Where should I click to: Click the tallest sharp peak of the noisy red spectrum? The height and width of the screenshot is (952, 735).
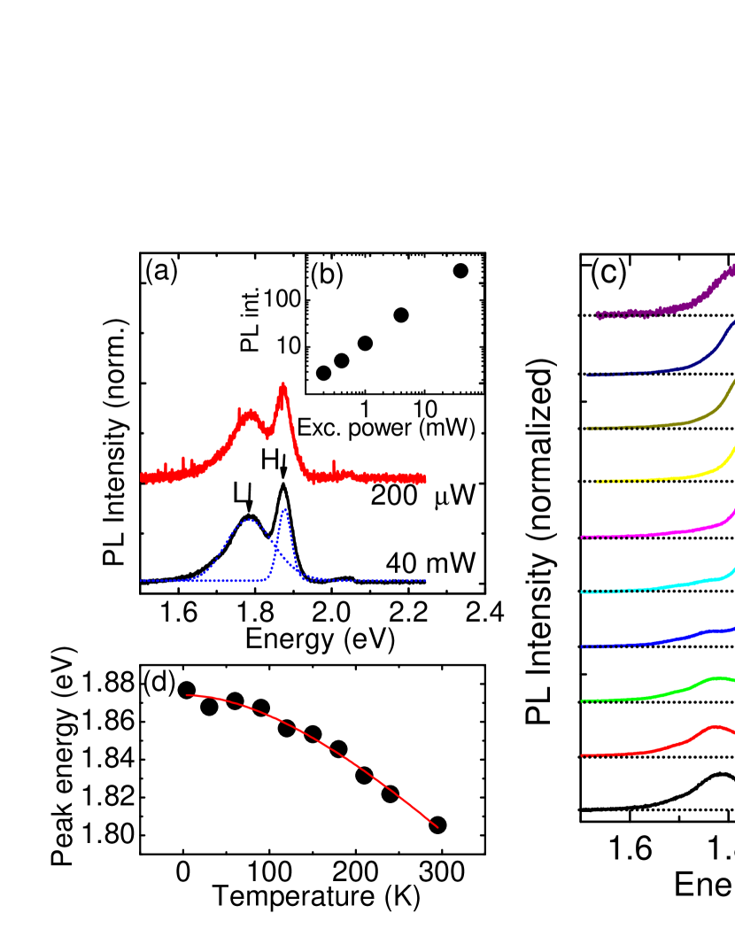click(x=283, y=384)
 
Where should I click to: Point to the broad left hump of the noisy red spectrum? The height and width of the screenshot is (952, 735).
click(x=249, y=414)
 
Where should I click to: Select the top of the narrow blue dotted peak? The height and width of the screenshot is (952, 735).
click(x=284, y=509)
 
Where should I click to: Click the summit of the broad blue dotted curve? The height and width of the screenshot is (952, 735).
click(x=250, y=520)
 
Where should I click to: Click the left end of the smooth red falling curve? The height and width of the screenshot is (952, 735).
click(x=187, y=695)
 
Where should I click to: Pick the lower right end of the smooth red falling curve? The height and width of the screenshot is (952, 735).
click(x=437, y=828)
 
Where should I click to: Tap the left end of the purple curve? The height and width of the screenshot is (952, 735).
click(x=598, y=314)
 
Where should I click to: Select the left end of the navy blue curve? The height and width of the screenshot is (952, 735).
click(x=587, y=375)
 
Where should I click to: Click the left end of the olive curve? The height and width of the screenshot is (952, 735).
click(x=587, y=429)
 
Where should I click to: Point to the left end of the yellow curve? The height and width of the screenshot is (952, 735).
click(x=598, y=482)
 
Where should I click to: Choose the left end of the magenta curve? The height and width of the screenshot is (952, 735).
click(x=582, y=538)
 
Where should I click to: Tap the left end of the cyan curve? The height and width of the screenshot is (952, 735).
click(x=582, y=592)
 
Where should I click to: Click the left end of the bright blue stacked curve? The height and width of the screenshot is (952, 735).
click(x=582, y=647)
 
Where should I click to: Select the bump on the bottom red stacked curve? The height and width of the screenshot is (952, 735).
click(x=715, y=726)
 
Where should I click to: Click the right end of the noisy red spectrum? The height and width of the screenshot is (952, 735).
click(x=425, y=479)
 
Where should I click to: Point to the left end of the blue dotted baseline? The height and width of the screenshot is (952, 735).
click(x=141, y=581)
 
